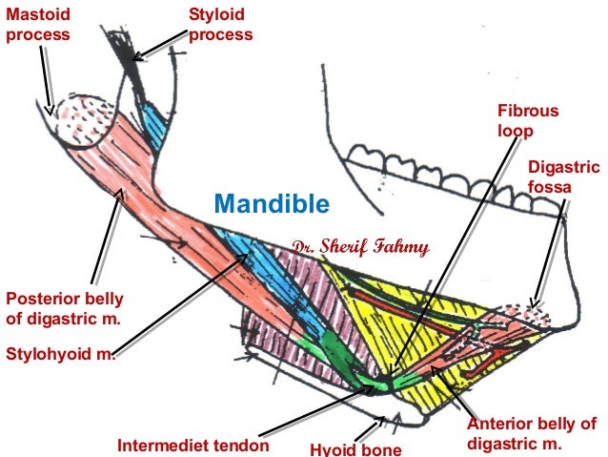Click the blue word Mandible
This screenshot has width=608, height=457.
(272, 203)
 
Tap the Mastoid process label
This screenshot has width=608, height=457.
(37, 25)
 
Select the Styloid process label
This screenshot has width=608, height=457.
(220, 25)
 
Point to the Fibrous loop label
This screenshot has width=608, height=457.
(522, 120)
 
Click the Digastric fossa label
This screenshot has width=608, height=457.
(563, 177)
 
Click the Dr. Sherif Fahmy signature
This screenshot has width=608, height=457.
(362, 248)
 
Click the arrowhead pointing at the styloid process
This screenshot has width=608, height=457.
(136, 56)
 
